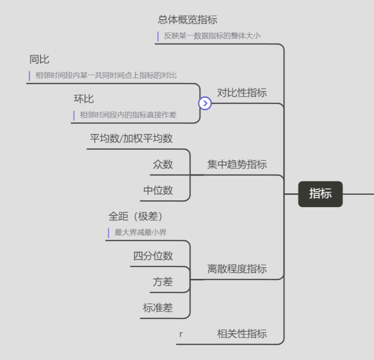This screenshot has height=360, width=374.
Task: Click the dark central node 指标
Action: [320, 194]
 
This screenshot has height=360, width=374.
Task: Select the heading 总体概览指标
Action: [188, 20]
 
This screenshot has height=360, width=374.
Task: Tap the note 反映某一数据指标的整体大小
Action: [212, 36]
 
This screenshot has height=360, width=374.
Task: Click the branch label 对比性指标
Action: [242, 92]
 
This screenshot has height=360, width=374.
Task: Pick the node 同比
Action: [40, 60]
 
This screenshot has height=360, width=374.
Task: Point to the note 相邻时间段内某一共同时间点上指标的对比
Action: [106, 76]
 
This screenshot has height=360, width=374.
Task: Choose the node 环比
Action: [84, 99]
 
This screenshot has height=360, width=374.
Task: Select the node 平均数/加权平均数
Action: [131, 138]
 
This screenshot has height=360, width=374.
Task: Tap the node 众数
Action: [163, 165]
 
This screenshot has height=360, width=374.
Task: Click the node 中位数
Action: [159, 190]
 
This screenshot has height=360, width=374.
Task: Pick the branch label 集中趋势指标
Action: [237, 165]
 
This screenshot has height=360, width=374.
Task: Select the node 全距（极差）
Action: [136, 216]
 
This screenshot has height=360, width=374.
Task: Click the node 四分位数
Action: [153, 256]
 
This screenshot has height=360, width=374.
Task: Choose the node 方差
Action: [163, 282]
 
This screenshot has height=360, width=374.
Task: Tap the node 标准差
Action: [158, 308]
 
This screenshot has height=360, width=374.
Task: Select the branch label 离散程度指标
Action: [237, 269]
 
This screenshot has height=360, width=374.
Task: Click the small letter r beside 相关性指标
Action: [181, 334]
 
